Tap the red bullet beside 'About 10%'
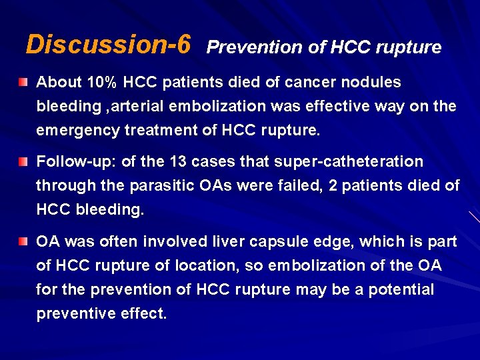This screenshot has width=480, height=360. coord(24,83)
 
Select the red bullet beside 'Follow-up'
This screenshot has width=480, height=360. coord(24,162)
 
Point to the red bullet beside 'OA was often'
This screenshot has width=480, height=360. coord(24,241)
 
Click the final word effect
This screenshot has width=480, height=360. coord(144,313)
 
